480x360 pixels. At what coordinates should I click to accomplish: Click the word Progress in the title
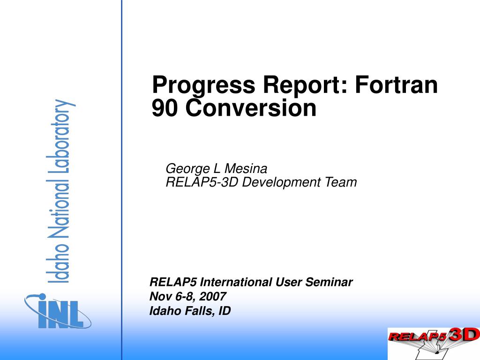coord(203,85)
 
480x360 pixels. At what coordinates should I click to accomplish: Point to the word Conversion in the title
coord(251,108)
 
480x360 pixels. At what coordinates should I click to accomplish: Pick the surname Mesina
coord(246,169)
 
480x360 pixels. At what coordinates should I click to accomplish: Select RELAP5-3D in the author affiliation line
coord(202,182)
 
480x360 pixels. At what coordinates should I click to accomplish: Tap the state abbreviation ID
coord(225,311)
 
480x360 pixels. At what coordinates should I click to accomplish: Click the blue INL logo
coord(58,311)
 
